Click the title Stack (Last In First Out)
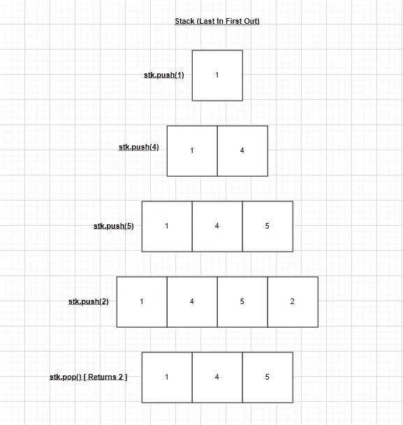217,21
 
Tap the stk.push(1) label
164,75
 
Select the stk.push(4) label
139,147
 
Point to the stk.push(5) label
113,226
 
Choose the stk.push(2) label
88,301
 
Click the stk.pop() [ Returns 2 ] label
88,377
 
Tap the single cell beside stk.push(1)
217,75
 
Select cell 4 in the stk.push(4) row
242,151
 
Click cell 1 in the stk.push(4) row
192,151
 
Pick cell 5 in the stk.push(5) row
268,226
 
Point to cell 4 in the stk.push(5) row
217,226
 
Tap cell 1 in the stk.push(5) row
167,226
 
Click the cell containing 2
293,302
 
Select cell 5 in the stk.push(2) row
242,302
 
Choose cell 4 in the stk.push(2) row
192,302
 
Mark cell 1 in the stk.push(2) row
142,302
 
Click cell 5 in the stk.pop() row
268,377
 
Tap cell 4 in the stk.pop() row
217,377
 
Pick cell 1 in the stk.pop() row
167,377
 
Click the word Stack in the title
184,21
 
